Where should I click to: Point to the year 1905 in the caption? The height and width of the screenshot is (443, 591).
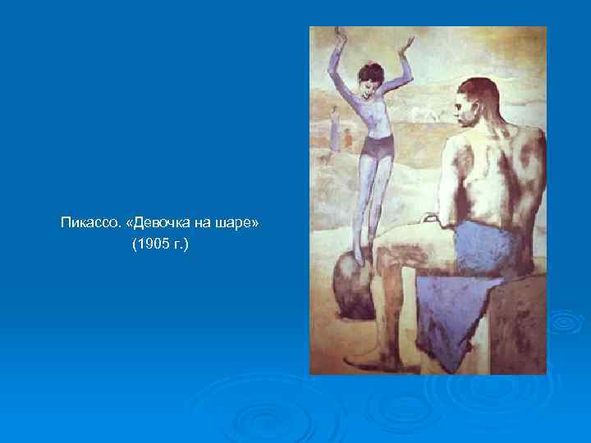tap(153, 244)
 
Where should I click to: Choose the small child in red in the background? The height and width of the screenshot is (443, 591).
tap(348, 135)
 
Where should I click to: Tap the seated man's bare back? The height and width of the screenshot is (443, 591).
tap(492, 172)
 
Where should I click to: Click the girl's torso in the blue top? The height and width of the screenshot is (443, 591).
tap(373, 115)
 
